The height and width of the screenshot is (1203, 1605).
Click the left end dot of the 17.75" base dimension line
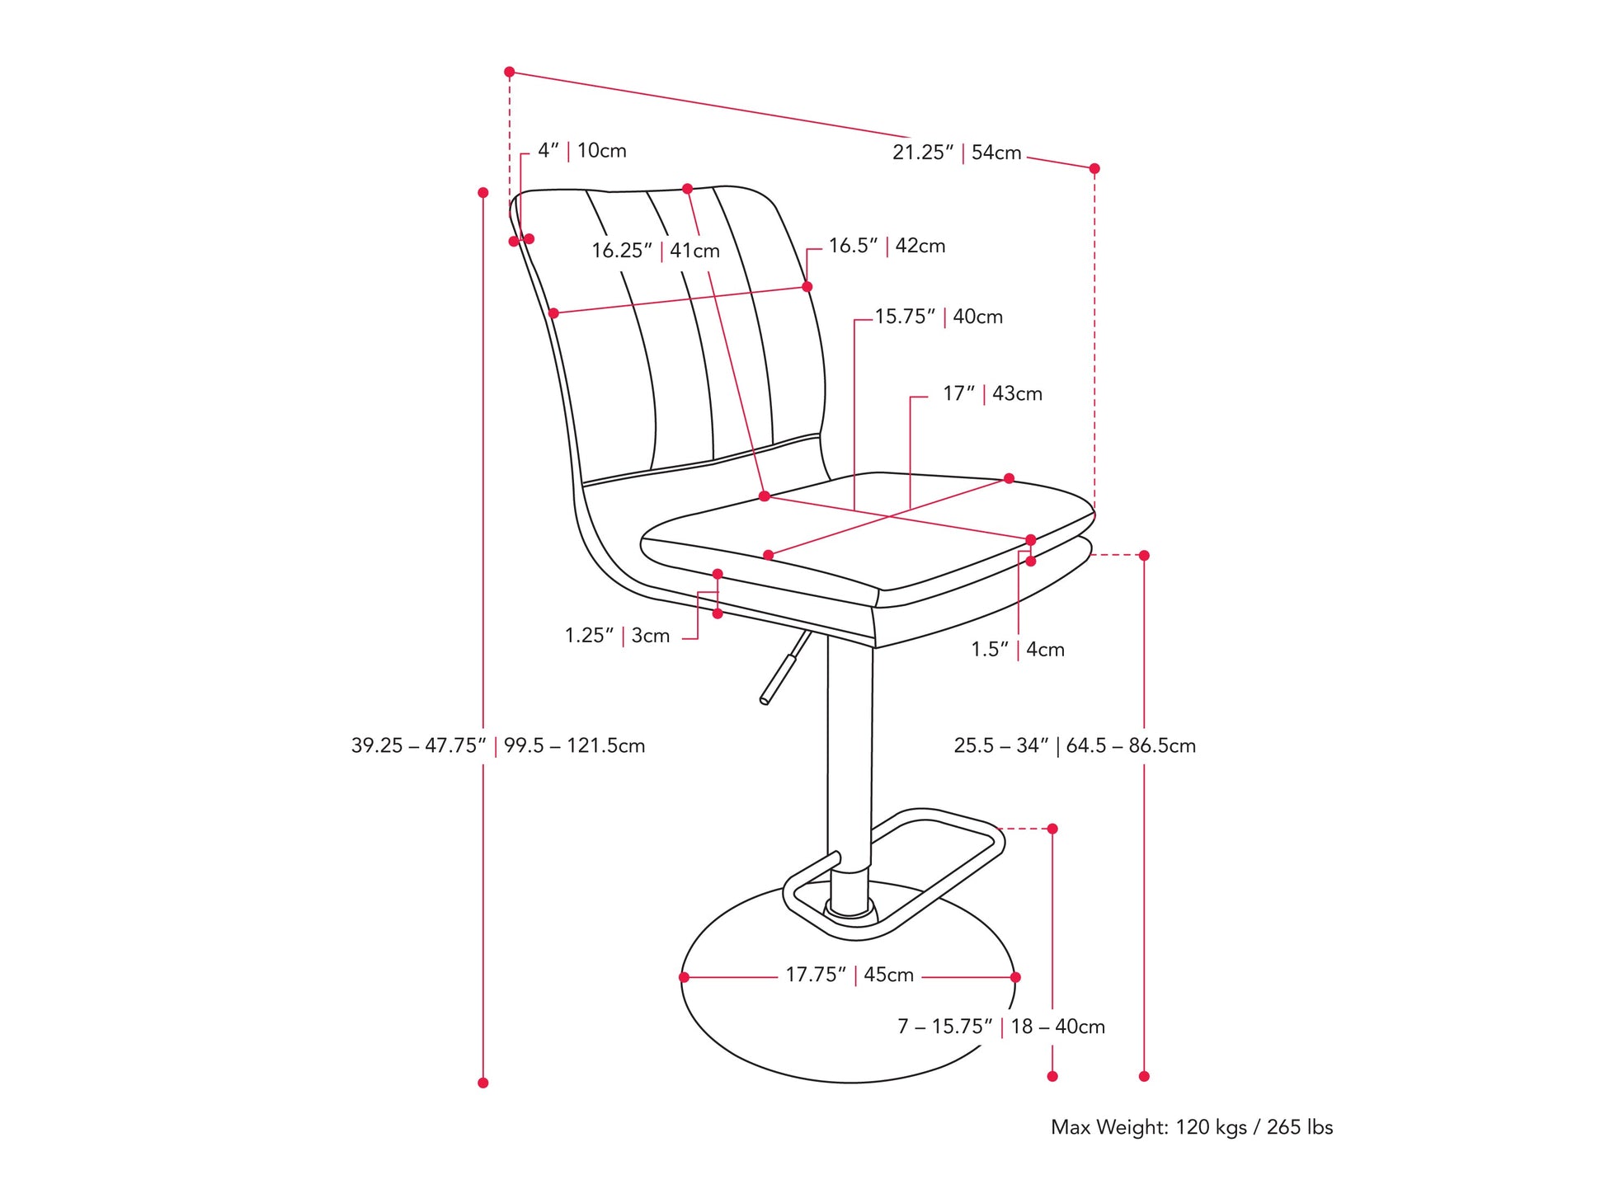684,977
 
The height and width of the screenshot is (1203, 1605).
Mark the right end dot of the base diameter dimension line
1015,977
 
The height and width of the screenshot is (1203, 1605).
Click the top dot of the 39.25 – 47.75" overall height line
483,193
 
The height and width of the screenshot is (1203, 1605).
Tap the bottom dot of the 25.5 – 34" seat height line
1144,1076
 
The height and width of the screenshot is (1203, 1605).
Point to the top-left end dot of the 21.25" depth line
510,73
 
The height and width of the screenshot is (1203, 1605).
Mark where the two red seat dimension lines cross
887,517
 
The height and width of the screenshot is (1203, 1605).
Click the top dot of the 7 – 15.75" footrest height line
1052,829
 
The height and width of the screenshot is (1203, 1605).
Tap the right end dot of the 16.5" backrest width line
807,287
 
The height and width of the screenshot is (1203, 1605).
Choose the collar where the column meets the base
850,908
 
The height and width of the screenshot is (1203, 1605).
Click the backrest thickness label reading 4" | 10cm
582,151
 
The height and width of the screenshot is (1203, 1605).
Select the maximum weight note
1192,1127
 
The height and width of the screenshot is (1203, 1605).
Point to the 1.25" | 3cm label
617,636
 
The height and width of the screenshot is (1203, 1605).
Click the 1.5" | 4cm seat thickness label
1018,650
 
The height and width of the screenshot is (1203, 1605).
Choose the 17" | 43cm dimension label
993,394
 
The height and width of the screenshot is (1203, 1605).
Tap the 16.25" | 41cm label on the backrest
656,251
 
